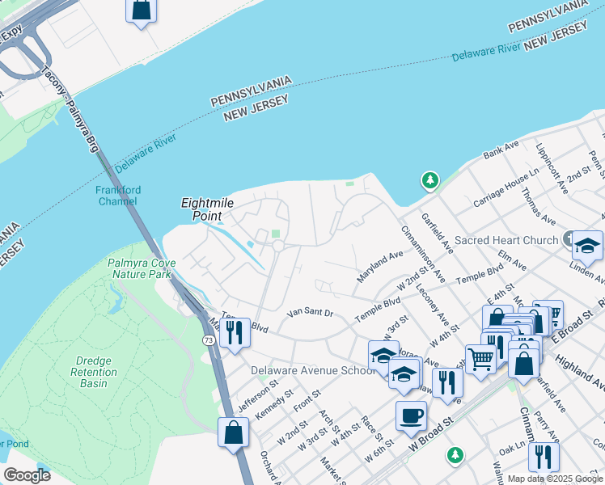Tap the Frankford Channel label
pos(118,196)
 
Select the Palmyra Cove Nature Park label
pos(139,268)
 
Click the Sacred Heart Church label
pos(506,240)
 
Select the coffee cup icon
pos(411,415)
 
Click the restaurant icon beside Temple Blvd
pos(235,331)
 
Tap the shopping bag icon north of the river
pos(141,10)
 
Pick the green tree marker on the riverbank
pos(430,179)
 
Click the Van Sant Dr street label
pos(311,313)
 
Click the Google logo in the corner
pos(27,475)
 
